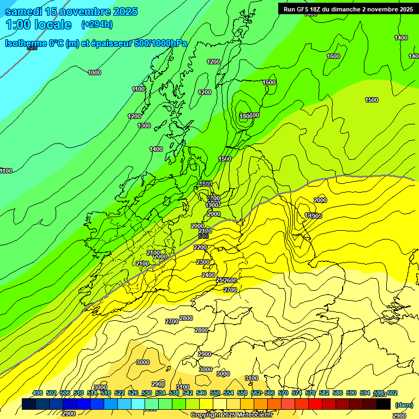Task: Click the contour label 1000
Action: coord(94,73)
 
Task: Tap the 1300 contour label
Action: coord(144,126)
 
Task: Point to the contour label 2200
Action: coord(200,247)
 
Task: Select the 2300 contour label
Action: coord(203,262)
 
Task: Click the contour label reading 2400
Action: coord(208,276)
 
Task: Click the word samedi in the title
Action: coord(23,11)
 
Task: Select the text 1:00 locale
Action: coord(38,25)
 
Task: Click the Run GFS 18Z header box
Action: coord(348,9)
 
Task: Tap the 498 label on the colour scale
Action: coord(38,393)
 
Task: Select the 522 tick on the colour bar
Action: coord(119,393)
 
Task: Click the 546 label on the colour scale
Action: coord(201,393)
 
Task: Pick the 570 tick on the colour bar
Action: coord(283,393)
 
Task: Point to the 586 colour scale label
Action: coord(338,393)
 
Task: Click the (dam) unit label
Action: coord(404,405)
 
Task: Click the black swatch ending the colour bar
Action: coord(384,404)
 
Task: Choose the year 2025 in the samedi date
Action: coord(124,11)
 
